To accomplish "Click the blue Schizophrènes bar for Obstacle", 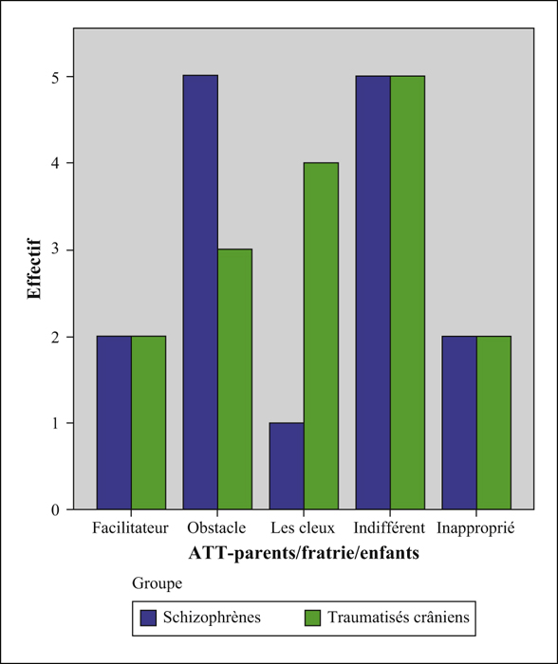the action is click(x=200, y=292).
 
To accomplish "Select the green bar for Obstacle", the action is click(x=234, y=379).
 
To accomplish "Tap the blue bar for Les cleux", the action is click(x=287, y=466).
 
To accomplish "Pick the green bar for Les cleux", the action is click(x=321, y=336).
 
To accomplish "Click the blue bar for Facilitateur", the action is click(x=114, y=423).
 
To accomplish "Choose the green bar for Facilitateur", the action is click(x=148, y=423).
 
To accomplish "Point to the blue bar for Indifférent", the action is click(x=373, y=292).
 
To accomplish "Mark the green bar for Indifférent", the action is click(x=407, y=292).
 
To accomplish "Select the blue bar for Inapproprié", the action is click(x=459, y=423).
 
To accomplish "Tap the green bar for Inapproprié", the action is click(x=493, y=423).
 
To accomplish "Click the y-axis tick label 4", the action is click(x=55, y=163).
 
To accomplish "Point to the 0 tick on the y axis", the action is click(x=55, y=510).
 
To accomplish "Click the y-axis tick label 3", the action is click(x=55, y=249).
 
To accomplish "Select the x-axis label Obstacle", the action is click(x=216, y=528).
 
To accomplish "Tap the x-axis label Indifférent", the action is click(x=389, y=528).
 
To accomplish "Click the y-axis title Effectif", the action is click(x=34, y=269).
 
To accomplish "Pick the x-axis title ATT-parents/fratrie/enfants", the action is click(x=304, y=553).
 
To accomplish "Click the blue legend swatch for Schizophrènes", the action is click(x=148, y=618).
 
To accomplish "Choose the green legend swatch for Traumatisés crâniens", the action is click(x=312, y=618).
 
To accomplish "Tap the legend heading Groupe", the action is click(x=158, y=583).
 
